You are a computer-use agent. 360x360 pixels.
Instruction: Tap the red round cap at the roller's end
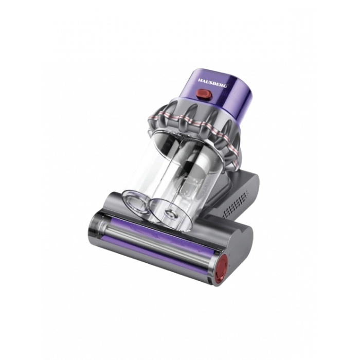coord(221,270)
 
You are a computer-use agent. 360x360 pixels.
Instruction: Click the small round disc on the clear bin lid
coord(170,214)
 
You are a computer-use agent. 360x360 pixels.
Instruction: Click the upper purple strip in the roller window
coord(160,231)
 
